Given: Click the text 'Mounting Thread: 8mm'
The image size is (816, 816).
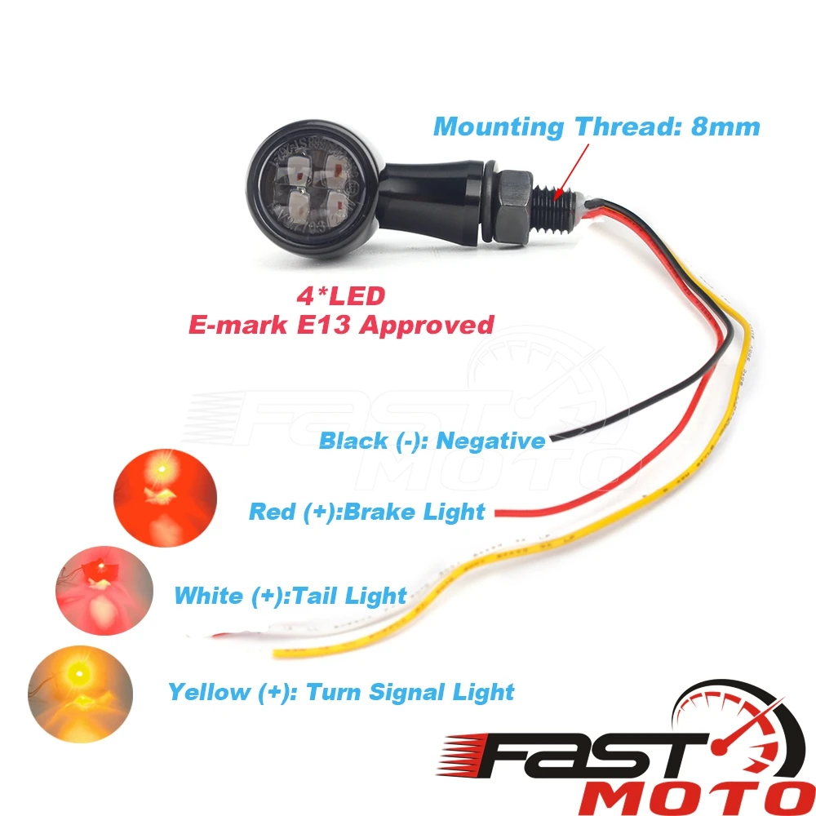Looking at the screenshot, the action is tap(596, 127).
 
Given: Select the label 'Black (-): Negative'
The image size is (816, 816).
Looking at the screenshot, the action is tap(432, 441).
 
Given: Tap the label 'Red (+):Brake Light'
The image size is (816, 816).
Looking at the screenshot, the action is tap(366, 512).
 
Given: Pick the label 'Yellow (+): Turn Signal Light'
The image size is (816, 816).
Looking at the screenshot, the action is tap(341, 693).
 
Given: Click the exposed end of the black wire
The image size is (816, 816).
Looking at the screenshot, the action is tap(556, 440).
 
